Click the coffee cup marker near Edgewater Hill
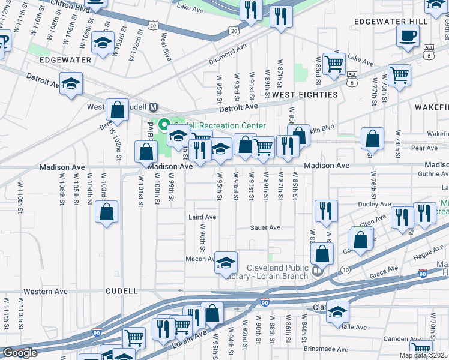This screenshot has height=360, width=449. (x=408, y=35)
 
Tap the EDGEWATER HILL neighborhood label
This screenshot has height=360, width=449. (x=391, y=22)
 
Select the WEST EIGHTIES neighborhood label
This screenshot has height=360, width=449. (x=304, y=95)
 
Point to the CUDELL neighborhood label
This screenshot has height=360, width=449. (x=122, y=291)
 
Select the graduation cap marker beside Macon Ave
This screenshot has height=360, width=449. (x=226, y=262)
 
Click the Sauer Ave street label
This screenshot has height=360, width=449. (x=266, y=227)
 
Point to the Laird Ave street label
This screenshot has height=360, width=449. (x=202, y=217)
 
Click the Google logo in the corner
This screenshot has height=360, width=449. (x=20, y=352)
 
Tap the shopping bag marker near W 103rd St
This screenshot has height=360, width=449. (x=106, y=212)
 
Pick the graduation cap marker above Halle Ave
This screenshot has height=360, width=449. (x=338, y=311)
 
